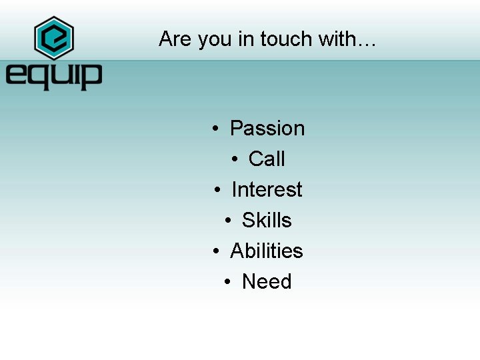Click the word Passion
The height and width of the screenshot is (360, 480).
(x=267, y=128)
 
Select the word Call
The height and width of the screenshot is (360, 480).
(x=267, y=159)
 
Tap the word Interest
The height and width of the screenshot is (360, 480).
(x=267, y=189)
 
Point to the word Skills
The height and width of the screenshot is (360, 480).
(x=267, y=220)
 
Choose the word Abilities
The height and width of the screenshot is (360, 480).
(x=267, y=251)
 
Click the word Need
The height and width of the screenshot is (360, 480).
(x=267, y=281)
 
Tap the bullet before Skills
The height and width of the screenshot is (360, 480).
(x=228, y=221)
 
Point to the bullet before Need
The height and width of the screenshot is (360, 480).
(x=228, y=282)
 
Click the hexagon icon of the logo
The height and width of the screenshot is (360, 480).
(x=53, y=38)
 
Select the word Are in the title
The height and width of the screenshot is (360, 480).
(x=175, y=39)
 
